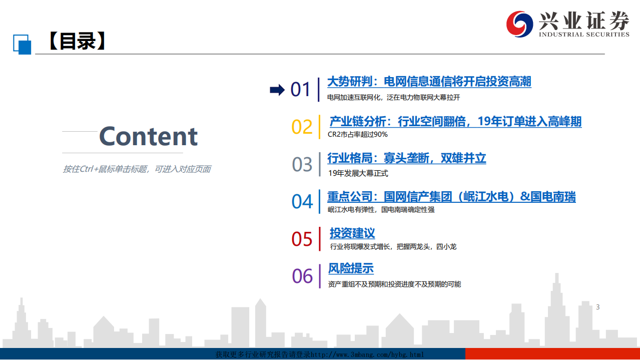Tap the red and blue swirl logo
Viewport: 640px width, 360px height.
pos(519,24)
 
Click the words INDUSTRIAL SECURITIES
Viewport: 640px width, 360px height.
pos(584,35)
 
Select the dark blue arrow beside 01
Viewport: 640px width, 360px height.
pos(277,90)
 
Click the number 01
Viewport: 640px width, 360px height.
pos(300,90)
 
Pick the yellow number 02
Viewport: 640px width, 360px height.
pos(302,127)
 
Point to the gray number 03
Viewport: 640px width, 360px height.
pos(302,164)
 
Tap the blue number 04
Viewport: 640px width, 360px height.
pos(302,202)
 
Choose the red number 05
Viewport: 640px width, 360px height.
pos(302,239)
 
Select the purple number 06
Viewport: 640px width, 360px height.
pos(302,276)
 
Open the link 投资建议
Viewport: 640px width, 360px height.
pos(352,233)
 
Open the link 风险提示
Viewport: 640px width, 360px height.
pos(351,268)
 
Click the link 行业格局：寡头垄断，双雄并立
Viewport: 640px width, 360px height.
pos(407,158)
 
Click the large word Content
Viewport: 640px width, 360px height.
pos(148,136)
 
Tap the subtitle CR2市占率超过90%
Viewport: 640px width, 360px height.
pos(357,134)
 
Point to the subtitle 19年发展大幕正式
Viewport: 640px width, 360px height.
pos(358,173)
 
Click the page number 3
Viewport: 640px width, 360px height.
pos(597,307)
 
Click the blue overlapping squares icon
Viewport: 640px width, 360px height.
pos(22,45)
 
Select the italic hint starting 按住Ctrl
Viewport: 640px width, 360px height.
pos(137,169)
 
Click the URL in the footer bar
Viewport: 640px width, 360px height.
pos(367,355)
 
